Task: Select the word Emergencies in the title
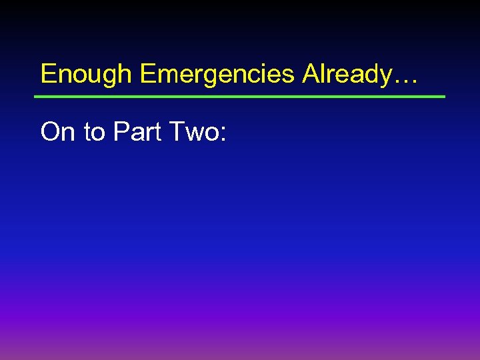pos(217,74)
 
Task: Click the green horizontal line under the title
pos(240,97)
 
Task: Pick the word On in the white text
pos(58,132)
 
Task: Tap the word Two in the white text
pos(193,132)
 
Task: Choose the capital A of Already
pos(311,73)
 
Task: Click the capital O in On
pos(51,132)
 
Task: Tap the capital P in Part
pos(121,132)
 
